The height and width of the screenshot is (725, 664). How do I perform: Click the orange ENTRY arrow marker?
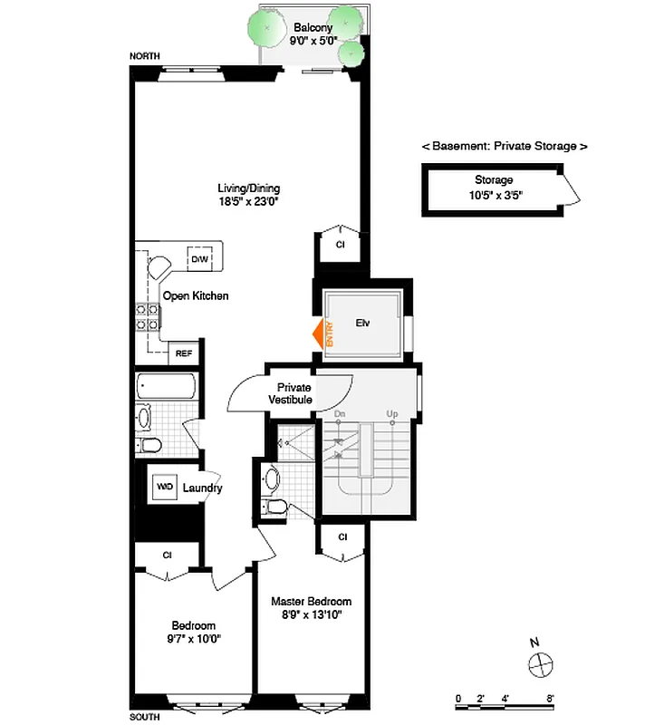point(319,333)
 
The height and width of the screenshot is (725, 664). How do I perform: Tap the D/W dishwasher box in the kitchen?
point(199,259)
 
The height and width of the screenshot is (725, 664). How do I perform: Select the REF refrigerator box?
point(183,353)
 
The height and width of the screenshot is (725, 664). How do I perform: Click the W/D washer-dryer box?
point(165,487)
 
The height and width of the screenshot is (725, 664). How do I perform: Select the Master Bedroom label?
point(312,608)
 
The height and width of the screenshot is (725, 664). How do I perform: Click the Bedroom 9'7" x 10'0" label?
point(195,632)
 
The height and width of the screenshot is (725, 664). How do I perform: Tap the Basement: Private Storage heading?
point(505,146)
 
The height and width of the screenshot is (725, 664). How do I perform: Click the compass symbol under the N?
point(540,664)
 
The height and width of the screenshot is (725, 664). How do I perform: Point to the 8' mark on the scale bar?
point(550,698)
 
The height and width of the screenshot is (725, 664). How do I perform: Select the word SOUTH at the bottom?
point(145,716)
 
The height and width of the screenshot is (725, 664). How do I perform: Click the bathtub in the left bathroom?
point(166,388)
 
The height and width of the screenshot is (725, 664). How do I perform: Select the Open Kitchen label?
point(196,295)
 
